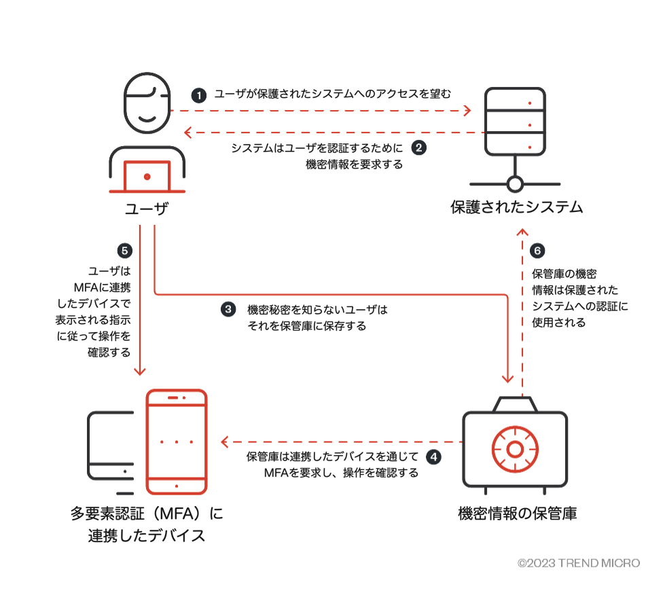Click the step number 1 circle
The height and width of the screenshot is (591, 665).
point(199,95)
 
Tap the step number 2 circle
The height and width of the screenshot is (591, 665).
point(419,147)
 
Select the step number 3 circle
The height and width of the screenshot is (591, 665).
point(228,310)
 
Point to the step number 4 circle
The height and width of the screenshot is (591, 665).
point(433,457)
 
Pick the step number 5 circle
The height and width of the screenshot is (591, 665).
point(124,250)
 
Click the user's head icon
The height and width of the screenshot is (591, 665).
point(146,103)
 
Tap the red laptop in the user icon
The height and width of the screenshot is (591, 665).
point(147,177)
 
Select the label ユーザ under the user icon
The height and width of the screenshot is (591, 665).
point(147,209)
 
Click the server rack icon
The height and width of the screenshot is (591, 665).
point(515,121)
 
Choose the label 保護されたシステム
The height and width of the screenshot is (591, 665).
point(516,207)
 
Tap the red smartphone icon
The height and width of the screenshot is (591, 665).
point(177,442)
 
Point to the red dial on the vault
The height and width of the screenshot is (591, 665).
point(514,449)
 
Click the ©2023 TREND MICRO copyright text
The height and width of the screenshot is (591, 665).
point(578,563)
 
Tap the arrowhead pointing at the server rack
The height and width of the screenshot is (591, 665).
point(467,110)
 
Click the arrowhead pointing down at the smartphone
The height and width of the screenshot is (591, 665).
point(139,370)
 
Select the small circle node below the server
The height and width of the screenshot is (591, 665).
point(515,183)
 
